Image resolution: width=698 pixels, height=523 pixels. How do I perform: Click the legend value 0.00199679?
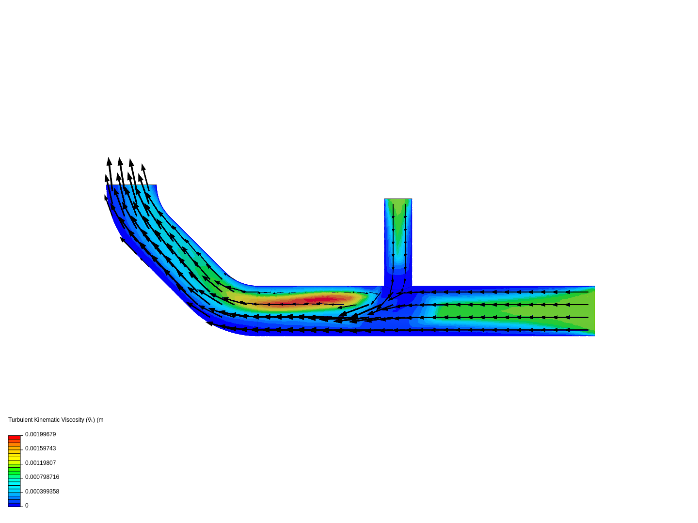click(x=40, y=434)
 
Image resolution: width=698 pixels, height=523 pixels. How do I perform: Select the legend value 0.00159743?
click(x=40, y=448)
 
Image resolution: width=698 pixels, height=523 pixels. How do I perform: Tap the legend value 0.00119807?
click(x=40, y=463)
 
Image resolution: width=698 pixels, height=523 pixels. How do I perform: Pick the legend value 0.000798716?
click(x=42, y=477)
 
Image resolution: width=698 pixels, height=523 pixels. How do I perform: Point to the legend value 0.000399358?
click(x=42, y=492)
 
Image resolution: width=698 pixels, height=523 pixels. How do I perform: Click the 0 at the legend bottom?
click(x=27, y=506)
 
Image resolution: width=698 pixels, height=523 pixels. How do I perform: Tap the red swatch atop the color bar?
click(x=14, y=437)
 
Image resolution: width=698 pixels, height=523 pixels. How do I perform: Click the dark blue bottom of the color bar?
click(x=14, y=505)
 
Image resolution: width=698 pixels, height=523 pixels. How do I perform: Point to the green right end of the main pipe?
click(x=584, y=310)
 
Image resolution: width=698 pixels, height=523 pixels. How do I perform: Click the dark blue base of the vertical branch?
click(x=397, y=281)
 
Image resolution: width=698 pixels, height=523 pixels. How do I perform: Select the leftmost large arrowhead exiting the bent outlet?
click(x=109, y=161)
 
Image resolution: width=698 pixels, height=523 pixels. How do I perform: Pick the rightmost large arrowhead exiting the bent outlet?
click(x=143, y=167)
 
